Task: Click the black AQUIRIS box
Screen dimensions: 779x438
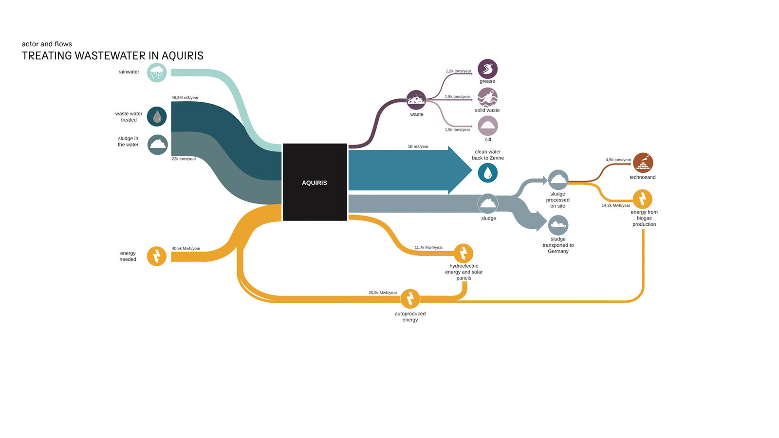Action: tap(315, 182)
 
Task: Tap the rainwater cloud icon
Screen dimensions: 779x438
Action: tap(156, 73)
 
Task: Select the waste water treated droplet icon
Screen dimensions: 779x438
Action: tap(156, 116)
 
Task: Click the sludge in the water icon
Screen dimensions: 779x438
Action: tap(158, 145)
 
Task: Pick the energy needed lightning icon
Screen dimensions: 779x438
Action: tap(156, 256)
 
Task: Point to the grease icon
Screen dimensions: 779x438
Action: tap(487, 69)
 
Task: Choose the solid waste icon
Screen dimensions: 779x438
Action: tap(487, 97)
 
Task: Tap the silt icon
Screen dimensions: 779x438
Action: tap(488, 126)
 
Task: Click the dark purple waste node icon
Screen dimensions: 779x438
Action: tap(416, 100)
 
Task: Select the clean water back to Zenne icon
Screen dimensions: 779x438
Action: tap(487, 173)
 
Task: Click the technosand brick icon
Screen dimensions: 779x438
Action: tap(643, 163)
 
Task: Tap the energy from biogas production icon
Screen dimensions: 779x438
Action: tap(642, 199)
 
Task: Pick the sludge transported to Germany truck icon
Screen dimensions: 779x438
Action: tap(558, 225)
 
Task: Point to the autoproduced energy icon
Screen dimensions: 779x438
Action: tap(410, 299)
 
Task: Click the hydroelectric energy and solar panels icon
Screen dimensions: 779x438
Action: tap(463, 253)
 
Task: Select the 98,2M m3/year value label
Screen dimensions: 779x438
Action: tap(185, 98)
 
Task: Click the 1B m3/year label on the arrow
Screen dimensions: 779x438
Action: tap(418, 146)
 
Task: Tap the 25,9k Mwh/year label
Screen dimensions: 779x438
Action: tap(383, 292)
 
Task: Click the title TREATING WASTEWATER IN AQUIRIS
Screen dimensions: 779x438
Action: tap(112, 55)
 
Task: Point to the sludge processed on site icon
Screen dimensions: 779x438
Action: tap(558, 180)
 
